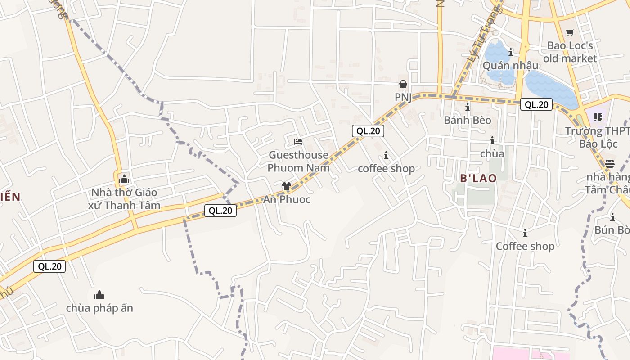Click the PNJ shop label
click(x=403, y=97)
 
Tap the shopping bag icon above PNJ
click(x=403, y=84)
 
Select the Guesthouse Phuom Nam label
click(x=298, y=162)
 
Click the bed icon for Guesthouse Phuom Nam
click(x=298, y=142)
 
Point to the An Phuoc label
click(x=287, y=199)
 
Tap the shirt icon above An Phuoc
click(x=286, y=186)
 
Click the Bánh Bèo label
click(x=468, y=120)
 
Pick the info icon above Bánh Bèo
click(x=468, y=107)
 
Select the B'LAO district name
click(x=478, y=178)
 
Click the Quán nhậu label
click(x=510, y=66)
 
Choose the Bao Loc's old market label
click(x=570, y=52)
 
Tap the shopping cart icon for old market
click(x=570, y=32)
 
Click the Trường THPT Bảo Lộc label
click(x=597, y=137)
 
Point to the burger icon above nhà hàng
click(x=610, y=163)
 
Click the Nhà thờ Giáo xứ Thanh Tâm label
click(x=124, y=199)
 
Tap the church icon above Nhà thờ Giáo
click(x=124, y=179)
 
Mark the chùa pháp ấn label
click(x=99, y=308)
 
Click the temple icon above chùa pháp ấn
click(x=99, y=295)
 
